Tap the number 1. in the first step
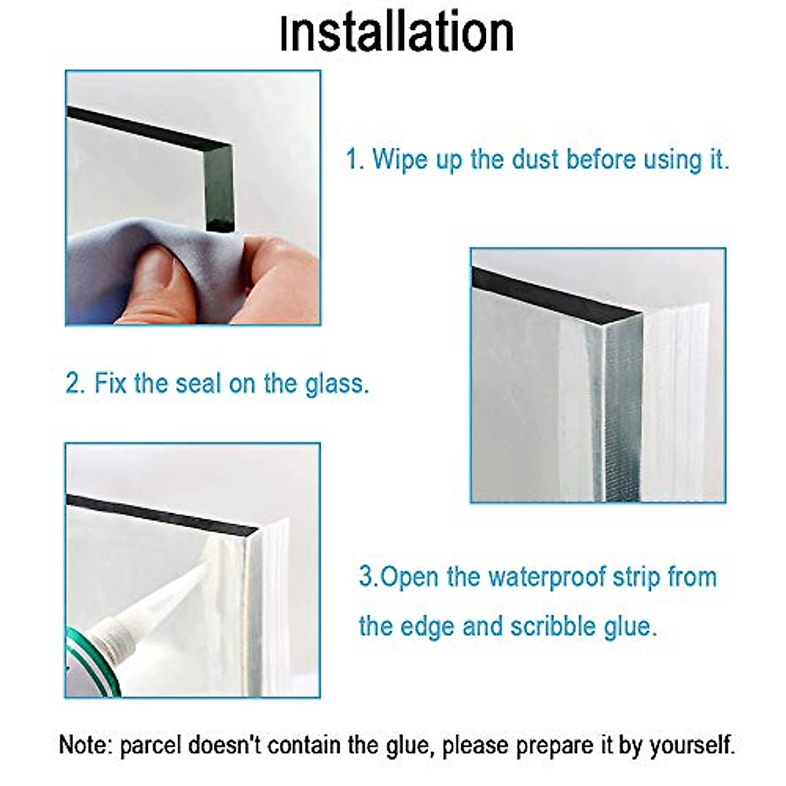(x=355, y=160)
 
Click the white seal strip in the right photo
(x=675, y=406)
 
